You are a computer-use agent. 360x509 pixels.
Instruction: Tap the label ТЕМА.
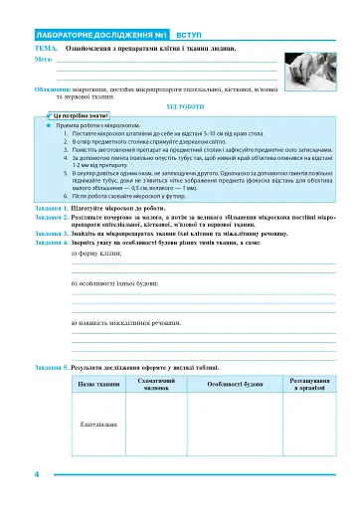(x=47, y=48)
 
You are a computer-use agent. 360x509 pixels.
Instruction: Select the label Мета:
(x=44, y=59)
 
